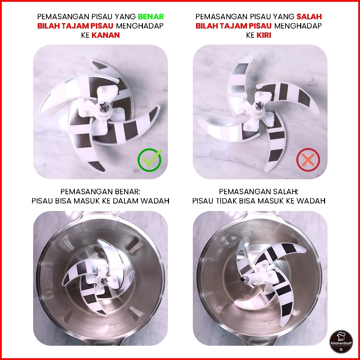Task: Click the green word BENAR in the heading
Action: [151, 16]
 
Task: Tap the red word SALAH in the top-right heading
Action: [309, 16]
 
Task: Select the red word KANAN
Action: [106, 35]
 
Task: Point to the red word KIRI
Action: [264, 35]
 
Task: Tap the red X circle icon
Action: [308, 160]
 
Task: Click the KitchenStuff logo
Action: [341, 341]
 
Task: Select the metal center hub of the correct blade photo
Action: [103, 107]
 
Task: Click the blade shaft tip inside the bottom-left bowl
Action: [104, 280]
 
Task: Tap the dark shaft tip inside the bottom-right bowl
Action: [242, 279]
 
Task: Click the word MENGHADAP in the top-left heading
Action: [140, 26]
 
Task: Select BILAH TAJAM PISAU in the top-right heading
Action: [233, 26]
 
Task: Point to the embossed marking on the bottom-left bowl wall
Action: [49, 281]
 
